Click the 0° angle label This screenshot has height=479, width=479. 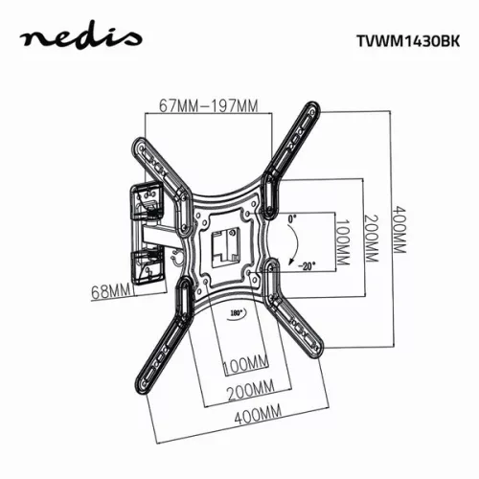point(293,219)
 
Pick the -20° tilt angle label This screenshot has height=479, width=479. point(306,265)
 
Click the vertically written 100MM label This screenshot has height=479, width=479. point(343,241)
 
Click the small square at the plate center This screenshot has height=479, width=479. point(227,242)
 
